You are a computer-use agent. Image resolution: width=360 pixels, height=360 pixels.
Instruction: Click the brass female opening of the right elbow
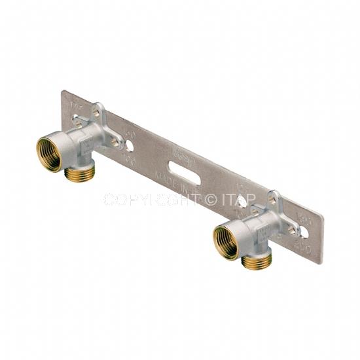click(226, 240)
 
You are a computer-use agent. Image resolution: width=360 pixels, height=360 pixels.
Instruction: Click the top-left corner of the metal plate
click(63, 92)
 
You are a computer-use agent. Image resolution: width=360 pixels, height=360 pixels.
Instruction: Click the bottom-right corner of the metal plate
click(320, 262)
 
